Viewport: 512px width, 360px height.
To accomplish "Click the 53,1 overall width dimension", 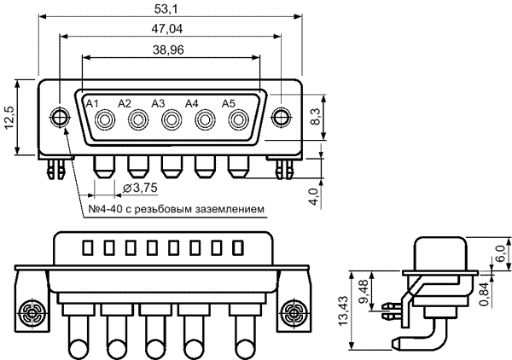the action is pos(166,9).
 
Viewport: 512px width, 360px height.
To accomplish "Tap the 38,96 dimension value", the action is pos(168,50).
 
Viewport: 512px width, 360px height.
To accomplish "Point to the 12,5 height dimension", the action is pos(9,117).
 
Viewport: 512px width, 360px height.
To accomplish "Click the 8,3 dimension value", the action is pos(316,117).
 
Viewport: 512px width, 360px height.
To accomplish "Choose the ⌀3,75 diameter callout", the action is pos(140,188).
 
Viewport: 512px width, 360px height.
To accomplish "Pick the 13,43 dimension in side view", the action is pos(343,311).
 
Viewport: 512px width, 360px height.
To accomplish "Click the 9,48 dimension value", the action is pos(364,291).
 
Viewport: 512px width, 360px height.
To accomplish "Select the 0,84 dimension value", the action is pos(486,293).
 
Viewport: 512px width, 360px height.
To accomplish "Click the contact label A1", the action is pos(92,104).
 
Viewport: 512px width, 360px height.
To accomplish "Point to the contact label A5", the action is pos(229,103).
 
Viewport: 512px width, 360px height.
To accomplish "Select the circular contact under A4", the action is pos(205,120).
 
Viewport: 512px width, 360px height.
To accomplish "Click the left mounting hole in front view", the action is pos(60,117).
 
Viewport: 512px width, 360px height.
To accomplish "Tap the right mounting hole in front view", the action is pos(281,117).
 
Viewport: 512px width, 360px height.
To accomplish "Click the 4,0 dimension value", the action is pos(313,196).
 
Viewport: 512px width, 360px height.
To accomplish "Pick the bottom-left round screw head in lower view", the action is pos(32,313).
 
